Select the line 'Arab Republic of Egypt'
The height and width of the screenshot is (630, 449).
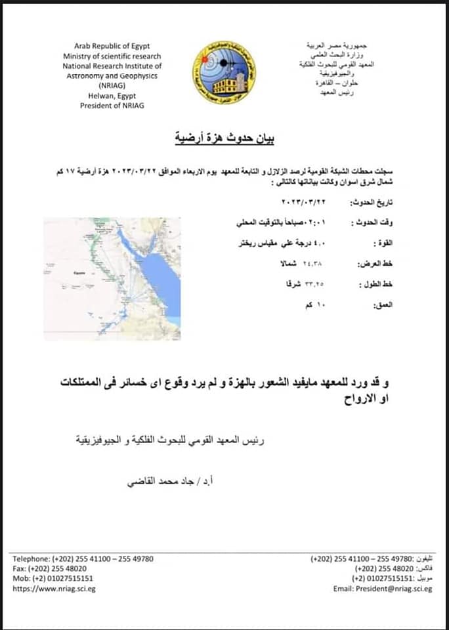point(112,46)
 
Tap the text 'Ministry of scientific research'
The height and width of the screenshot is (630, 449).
point(112,56)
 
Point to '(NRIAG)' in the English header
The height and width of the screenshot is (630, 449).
point(112,86)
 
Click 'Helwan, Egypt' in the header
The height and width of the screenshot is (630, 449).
point(112,96)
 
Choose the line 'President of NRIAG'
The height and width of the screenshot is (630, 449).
point(112,106)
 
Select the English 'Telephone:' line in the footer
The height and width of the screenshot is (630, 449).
point(83,558)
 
